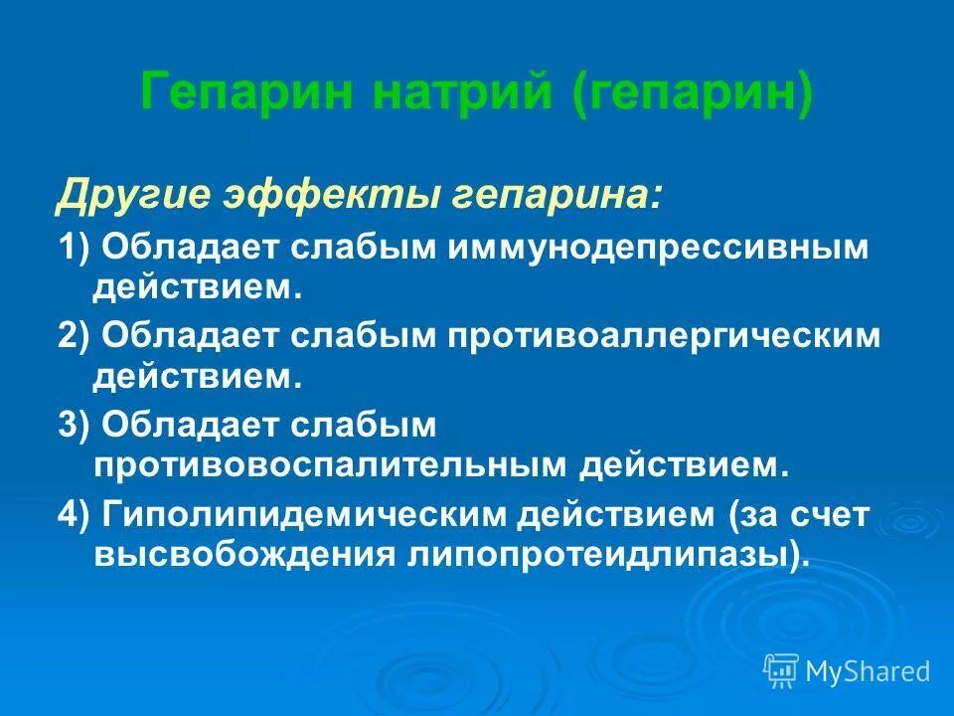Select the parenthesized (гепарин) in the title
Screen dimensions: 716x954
click(692, 94)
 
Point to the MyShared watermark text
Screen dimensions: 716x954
click(868, 671)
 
